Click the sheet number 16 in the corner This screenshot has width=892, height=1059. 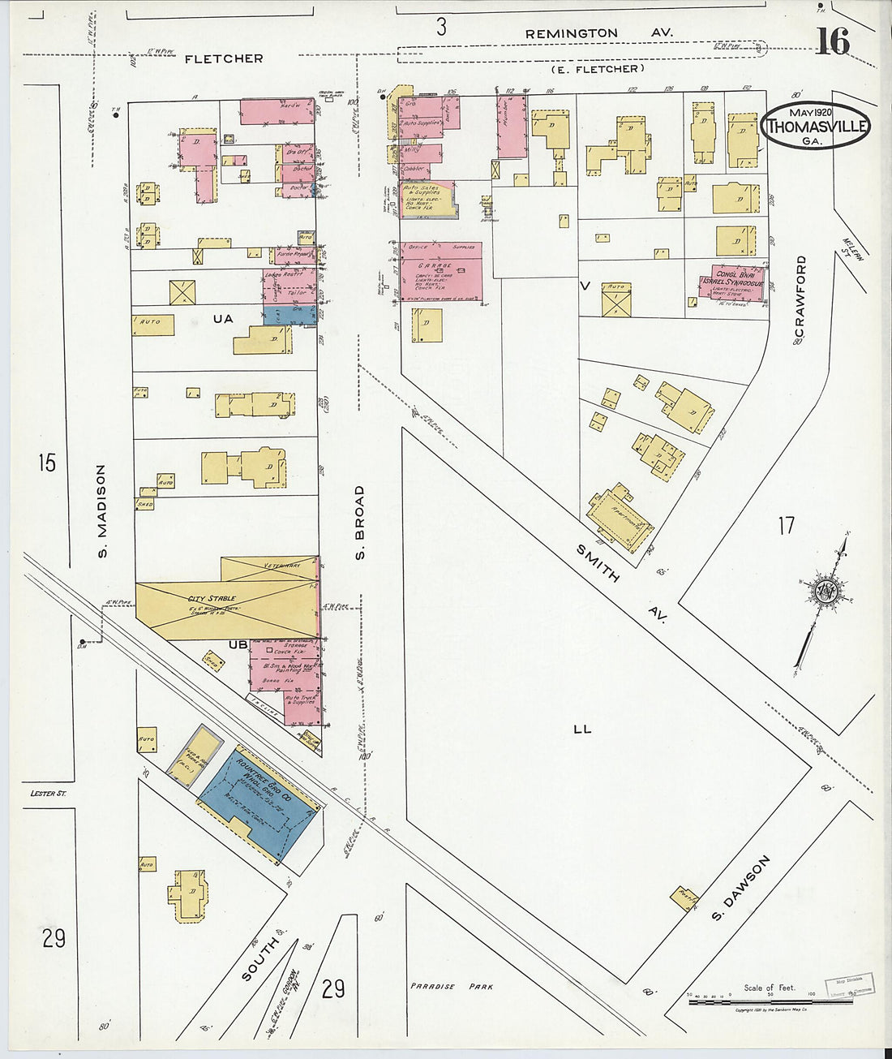tap(832, 41)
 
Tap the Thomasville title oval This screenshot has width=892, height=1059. tap(817, 126)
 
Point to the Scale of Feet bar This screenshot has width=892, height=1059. tap(770, 1001)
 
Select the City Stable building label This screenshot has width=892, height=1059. tap(210, 599)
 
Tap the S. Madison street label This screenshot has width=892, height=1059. tap(101, 510)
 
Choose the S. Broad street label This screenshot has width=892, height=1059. tap(360, 522)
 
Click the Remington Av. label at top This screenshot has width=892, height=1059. tap(598, 33)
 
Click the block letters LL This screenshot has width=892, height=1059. tap(582, 729)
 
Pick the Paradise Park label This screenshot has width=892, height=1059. tap(451, 987)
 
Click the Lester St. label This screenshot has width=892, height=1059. tap(48, 793)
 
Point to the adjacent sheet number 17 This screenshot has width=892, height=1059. tap(786, 526)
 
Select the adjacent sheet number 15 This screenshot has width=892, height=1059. tap(47, 463)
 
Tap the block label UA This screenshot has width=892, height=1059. tap(222, 319)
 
